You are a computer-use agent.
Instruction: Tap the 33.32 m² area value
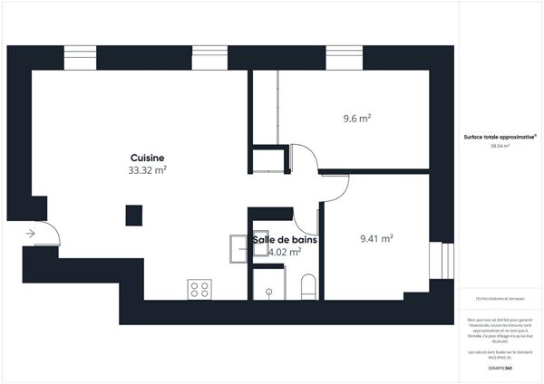click(x=147, y=169)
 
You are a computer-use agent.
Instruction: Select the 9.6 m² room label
click(x=358, y=118)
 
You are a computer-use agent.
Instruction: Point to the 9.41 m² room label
click(x=375, y=239)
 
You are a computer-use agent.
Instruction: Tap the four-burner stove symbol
click(x=199, y=289)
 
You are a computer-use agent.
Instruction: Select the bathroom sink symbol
click(x=239, y=247)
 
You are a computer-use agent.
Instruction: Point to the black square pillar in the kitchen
click(x=133, y=216)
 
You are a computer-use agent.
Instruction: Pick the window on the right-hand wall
click(x=443, y=260)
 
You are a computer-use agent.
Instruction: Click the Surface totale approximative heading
click(x=500, y=137)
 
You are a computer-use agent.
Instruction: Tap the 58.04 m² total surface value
click(x=500, y=146)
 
